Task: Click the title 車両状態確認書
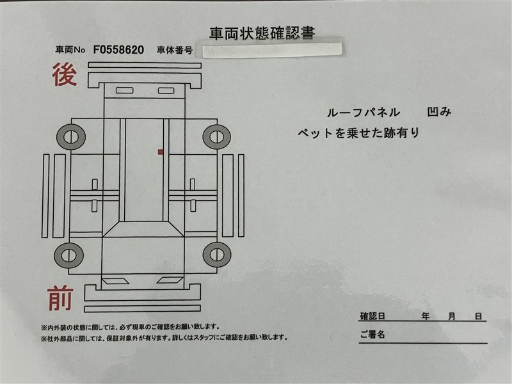click(x=262, y=34)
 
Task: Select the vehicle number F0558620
click(x=118, y=50)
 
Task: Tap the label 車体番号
click(x=175, y=50)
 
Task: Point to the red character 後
click(x=65, y=75)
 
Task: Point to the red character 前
click(x=60, y=298)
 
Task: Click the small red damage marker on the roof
click(x=161, y=152)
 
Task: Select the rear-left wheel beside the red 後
click(x=71, y=137)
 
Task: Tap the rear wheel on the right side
click(x=216, y=137)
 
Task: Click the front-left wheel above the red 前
click(x=69, y=255)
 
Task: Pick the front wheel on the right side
click(x=217, y=255)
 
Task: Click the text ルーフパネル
click(x=364, y=113)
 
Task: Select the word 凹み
click(x=439, y=112)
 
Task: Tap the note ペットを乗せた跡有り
click(x=358, y=133)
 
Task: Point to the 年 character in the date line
click(x=425, y=316)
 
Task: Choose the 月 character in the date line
click(x=452, y=316)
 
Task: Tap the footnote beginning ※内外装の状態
click(x=130, y=327)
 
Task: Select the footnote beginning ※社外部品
click(x=164, y=338)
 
